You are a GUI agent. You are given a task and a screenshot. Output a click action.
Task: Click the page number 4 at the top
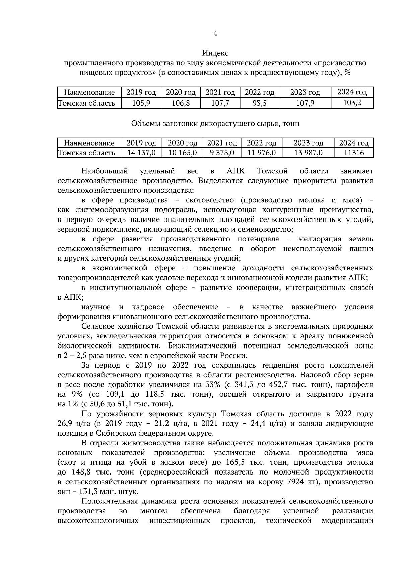pos(215,33)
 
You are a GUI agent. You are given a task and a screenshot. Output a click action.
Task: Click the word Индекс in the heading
pos(215,53)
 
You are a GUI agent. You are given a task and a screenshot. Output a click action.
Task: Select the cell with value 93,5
pos(259,103)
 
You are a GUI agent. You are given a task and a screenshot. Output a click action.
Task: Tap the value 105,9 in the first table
pos(141,103)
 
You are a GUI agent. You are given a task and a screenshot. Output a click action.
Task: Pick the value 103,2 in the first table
pos(352,103)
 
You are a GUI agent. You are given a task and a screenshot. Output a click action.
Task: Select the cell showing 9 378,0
pos(221,153)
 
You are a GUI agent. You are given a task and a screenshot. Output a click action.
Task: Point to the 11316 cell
pos(354,153)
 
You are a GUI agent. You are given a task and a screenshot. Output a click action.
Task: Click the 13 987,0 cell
pos(308,153)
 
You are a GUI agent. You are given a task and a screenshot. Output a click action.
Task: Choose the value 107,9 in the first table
pos(305,103)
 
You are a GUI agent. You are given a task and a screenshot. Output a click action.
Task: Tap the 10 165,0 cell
pos(182,153)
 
